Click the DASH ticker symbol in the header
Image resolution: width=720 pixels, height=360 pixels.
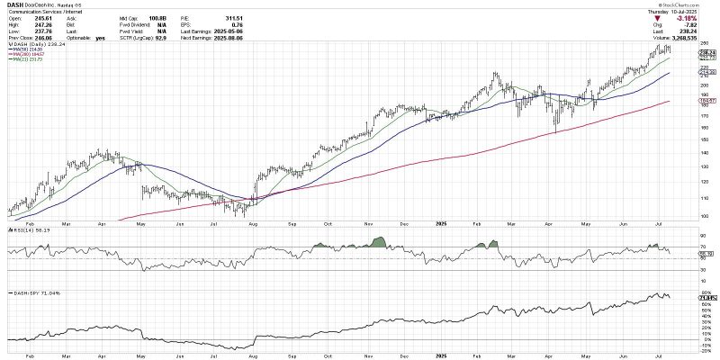tap(14, 4)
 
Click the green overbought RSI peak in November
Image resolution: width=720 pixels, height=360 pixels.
tap(379, 241)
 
